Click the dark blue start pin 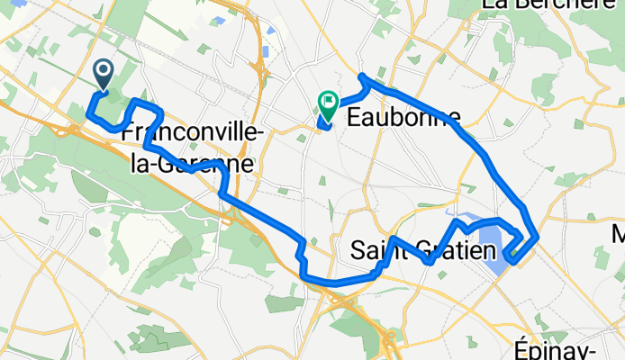(x=103, y=73)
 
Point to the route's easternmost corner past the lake (x=538, y=237)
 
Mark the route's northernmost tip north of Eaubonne (x=361, y=76)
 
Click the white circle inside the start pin (x=103, y=69)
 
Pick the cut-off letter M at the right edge (x=619, y=235)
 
